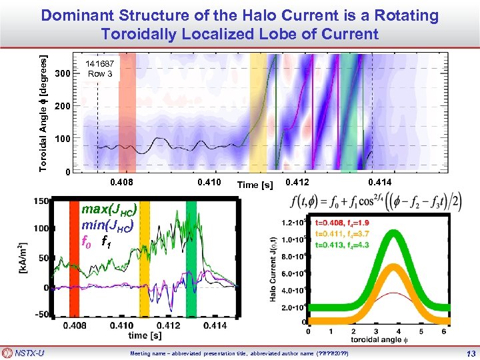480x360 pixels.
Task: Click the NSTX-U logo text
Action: [x=30, y=353]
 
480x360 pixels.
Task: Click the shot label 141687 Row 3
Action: [x=100, y=69]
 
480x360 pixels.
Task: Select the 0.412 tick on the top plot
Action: [x=296, y=182]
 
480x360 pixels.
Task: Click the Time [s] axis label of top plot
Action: [x=256, y=185]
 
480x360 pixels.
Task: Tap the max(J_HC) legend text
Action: [x=109, y=210]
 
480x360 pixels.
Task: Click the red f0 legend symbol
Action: [x=85, y=241]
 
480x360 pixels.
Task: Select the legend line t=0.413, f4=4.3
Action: [x=351, y=244]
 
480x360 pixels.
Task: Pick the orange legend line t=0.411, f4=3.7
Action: [x=351, y=234]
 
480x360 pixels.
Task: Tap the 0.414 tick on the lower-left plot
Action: [x=215, y=325]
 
